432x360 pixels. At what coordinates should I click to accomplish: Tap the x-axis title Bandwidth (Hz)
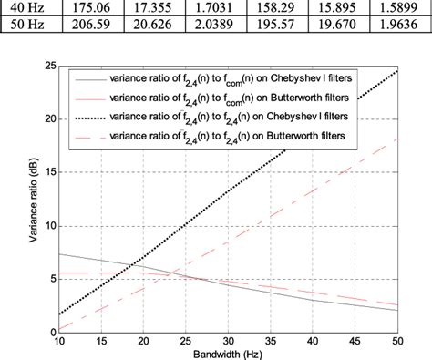228,353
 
